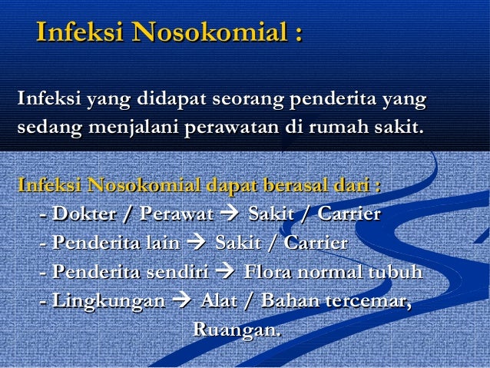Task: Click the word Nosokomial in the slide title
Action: [207, 34]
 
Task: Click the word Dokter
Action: [81, 214]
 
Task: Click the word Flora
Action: [266, 273]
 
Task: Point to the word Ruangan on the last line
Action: [236, 330]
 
